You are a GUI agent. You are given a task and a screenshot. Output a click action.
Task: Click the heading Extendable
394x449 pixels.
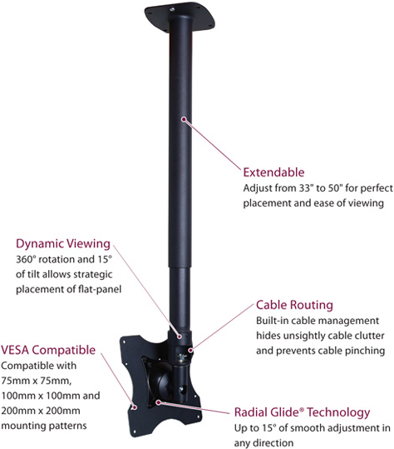pos(273,172)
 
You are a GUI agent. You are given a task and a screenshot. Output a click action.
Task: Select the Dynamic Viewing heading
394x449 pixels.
pos(63,244)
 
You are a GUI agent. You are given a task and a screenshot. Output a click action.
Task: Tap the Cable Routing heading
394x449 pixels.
pos(294,305)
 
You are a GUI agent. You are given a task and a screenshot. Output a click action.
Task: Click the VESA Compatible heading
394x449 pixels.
pos(48,350)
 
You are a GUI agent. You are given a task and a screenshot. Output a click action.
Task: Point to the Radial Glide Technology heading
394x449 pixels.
pos(302,412)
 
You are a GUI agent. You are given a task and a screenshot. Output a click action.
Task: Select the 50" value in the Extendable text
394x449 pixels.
pos(335,188)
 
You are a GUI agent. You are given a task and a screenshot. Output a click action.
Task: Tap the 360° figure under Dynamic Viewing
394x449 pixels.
pos(26,259)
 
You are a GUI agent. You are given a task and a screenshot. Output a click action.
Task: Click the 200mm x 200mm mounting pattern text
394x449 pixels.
pos(41,411)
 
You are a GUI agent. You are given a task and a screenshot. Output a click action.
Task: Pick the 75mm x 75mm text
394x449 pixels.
pos(36,381)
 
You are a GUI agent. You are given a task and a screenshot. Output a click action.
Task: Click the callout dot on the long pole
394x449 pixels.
pos(184,118)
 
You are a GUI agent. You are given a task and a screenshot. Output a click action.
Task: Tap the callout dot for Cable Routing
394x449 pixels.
pos(190,350)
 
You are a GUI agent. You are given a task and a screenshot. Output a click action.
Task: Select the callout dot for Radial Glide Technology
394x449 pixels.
pos(157,402)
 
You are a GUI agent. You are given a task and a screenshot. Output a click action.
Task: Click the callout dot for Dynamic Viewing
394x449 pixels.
pos(180,337)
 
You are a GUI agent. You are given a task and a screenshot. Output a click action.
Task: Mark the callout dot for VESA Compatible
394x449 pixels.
pos(134,407)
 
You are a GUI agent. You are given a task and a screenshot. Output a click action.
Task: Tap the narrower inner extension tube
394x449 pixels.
pos(180,298)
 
